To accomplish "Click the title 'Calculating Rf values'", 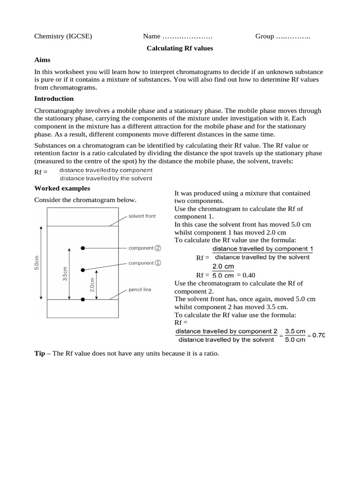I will (x=180, y=48).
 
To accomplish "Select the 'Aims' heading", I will (x=42, y=60).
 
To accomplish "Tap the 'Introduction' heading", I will (x=54, y=98).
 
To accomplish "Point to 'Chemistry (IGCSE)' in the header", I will (x=63, y=36).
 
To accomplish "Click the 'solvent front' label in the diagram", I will (x=142, y=216).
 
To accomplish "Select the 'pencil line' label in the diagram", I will (x=140, y=290).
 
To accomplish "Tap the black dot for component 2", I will (x=83, y=247).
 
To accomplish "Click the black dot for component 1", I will (x=83, y=270).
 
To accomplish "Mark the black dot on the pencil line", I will (x=83, y=299).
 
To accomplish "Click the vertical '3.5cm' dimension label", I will (x=65, y=274).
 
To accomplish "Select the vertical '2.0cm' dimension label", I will (x=92, y=285).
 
